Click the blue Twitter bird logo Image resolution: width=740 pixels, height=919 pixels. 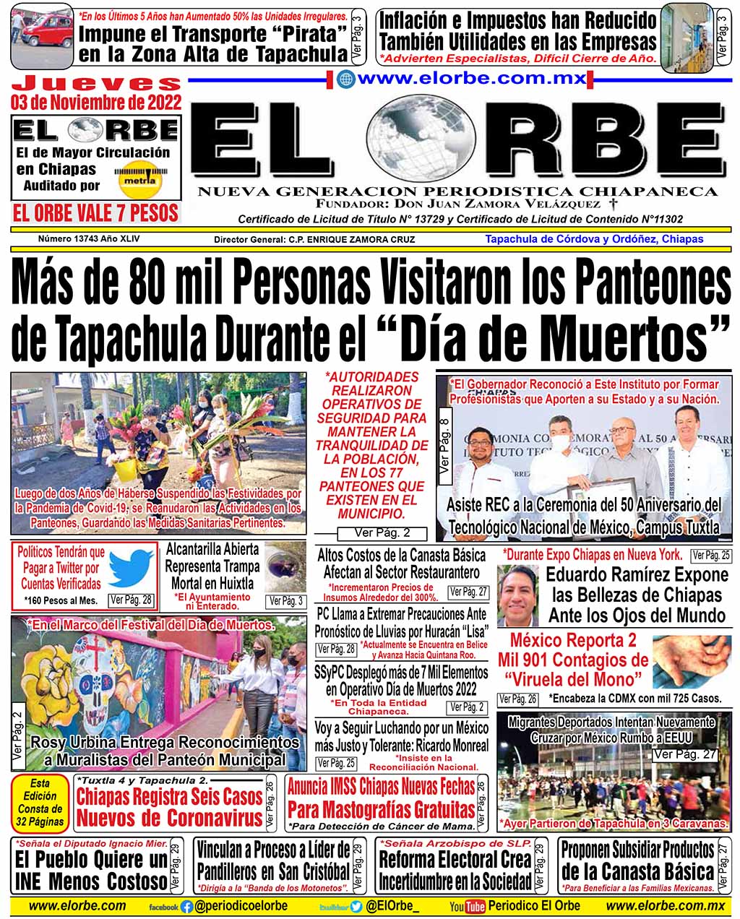[x=131, y=567]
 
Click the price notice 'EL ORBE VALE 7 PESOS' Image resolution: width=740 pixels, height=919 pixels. [x=96, y=213]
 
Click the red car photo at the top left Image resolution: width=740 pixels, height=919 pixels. [x=42, y=36]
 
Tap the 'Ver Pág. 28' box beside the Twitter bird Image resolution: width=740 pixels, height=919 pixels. [x=131, y=600]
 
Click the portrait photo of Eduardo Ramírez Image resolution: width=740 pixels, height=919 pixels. [x=518, y=595]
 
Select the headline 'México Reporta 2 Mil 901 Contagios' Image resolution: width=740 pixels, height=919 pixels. [x=572, y=660]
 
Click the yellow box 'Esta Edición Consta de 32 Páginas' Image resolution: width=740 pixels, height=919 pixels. [x=40, y=803]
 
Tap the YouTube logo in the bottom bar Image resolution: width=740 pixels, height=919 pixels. [x=474, y=907]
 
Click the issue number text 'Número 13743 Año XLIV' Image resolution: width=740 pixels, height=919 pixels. [x=89, y=238]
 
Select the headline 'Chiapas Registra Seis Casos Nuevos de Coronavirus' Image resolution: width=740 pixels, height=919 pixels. [x=169, y=807]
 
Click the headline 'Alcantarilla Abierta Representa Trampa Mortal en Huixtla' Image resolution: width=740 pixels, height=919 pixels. [x=212, y=566]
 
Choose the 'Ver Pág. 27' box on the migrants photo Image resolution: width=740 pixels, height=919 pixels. [x=684, y=754]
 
